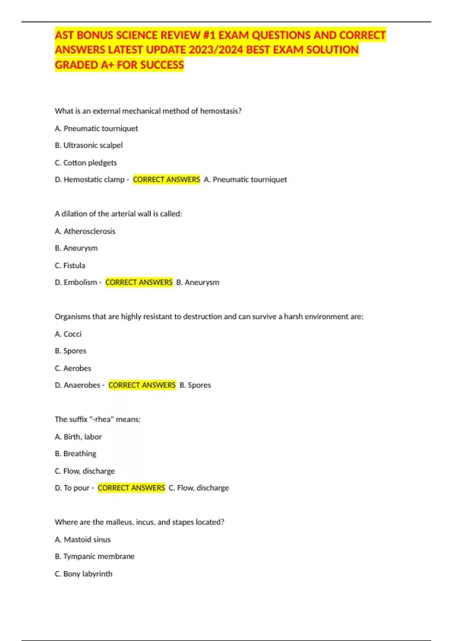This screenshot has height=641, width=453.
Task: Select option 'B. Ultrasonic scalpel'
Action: [89, 145]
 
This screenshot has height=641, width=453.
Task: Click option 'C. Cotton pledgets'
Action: [86, 163]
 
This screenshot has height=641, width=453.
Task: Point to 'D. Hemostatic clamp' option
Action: [89, 179]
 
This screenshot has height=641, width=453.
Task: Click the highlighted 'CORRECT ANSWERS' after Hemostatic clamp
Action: [166, 179]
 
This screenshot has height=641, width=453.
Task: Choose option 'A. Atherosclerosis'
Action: [85, 231]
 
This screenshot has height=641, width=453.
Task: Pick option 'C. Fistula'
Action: [70, 265]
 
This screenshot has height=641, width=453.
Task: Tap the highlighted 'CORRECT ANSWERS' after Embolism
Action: [139, 282]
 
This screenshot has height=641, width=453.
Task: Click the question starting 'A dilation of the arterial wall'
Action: [118, 214]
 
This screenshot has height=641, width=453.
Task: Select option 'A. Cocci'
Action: [68, 334]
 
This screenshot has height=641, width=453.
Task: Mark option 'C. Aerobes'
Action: [73, 368]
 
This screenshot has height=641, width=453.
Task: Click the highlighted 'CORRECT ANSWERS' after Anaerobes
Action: [142, 385]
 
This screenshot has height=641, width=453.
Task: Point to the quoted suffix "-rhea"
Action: [101, 419]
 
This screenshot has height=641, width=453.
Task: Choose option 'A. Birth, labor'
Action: [78, 437]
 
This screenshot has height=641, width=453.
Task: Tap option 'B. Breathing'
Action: [75, 454]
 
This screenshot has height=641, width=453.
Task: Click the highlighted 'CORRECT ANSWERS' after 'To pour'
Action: [131, 488]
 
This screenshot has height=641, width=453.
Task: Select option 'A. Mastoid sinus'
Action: [83, 540]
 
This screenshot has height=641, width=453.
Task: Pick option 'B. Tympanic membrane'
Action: [94, 557]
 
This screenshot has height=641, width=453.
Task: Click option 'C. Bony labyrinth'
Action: [83, 574]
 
